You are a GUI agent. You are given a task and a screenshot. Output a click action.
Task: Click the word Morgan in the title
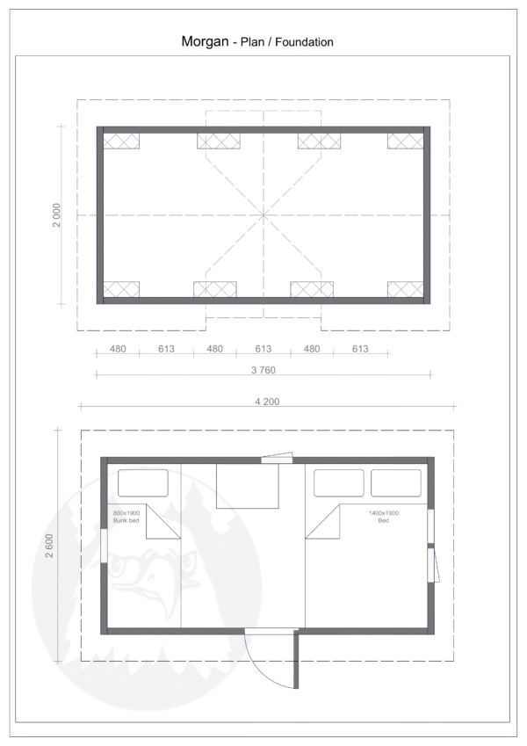click(x=205, y=42)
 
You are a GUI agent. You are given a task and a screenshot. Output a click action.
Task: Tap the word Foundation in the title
click(x=304, y=42)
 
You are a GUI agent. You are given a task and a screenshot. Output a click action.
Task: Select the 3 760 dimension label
click(x=263, y=370)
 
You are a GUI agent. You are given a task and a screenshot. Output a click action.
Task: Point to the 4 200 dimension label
click(x=267, y=402)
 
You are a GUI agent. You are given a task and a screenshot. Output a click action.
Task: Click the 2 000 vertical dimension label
click(x=56, y=215)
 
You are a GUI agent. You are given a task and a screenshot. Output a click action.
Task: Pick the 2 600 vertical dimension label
click(x=50, y=546)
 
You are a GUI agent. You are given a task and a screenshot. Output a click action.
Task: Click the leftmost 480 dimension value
click(x=118, y=349)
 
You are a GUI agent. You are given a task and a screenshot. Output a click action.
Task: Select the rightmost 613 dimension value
click(x=360, y=349)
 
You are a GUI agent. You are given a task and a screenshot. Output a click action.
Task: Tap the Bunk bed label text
click(x=126, y=520)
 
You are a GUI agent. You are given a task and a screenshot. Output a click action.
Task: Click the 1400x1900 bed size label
click(x=384, y=513)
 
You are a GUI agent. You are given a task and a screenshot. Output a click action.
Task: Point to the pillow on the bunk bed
click(x=142, y=483)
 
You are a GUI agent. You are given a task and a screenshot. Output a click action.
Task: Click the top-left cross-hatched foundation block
click(x=121, y=141)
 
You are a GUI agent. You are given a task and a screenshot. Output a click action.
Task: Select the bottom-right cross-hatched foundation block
click(x=405, y=289)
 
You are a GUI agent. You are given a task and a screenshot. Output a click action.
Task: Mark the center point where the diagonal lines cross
click(x=263, y=215)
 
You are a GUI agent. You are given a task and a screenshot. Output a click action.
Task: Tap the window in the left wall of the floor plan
click(x=104, y=547)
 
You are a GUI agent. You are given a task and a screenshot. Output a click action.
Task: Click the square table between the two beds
click(x=248, y=486)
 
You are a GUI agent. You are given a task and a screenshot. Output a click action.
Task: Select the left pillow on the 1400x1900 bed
click(x=339, y=483)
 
